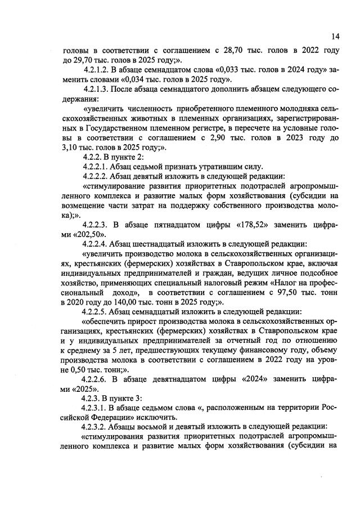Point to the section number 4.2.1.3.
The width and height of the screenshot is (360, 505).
pos(96,89)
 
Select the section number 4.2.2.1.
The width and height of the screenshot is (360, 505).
pos(98,168)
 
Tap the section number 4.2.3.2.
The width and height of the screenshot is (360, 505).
pos(98,427)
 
